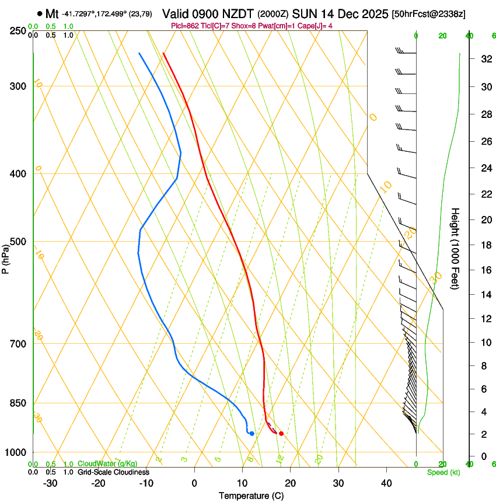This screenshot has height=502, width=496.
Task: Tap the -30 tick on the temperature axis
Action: [50, 483]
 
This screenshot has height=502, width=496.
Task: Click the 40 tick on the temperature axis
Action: [386, 483]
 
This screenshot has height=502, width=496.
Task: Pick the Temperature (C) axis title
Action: [252, 496]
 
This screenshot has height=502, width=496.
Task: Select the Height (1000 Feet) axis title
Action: [456, 249]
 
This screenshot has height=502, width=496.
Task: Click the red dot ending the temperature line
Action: [281, 433]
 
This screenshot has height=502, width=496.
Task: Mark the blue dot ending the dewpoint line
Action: [252, 433]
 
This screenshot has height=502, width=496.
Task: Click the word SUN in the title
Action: [303, 13]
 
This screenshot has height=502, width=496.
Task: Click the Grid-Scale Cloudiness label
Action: [113, 472]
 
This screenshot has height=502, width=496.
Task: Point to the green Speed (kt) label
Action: [443, 472]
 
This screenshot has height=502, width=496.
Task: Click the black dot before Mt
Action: [39, 13]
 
